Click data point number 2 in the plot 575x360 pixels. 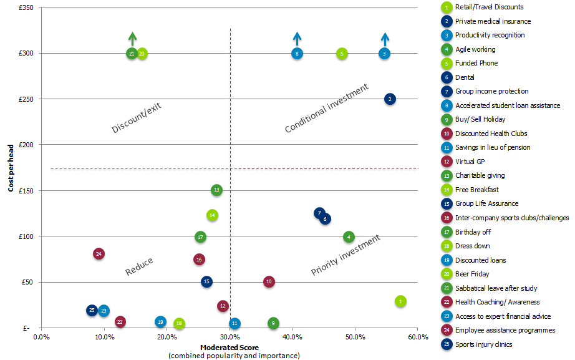[390, 99]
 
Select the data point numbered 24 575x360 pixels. [99, 254]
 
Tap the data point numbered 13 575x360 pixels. [216, 190]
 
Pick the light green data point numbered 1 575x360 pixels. [400, 301]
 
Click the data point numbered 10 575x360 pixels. [269, 282]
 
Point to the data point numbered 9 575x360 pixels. [273, 323]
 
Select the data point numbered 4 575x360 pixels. [349, 237]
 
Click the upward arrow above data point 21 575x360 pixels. [132, 38]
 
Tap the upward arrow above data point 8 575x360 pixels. [297, 38]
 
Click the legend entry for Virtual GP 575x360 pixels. [470, 162]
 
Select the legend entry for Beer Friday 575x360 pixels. [472, 274]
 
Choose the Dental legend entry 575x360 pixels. [465, 77]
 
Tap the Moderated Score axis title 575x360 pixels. [230, 347]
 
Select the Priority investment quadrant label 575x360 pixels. [345, 256]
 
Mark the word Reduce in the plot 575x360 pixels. [139, 266]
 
